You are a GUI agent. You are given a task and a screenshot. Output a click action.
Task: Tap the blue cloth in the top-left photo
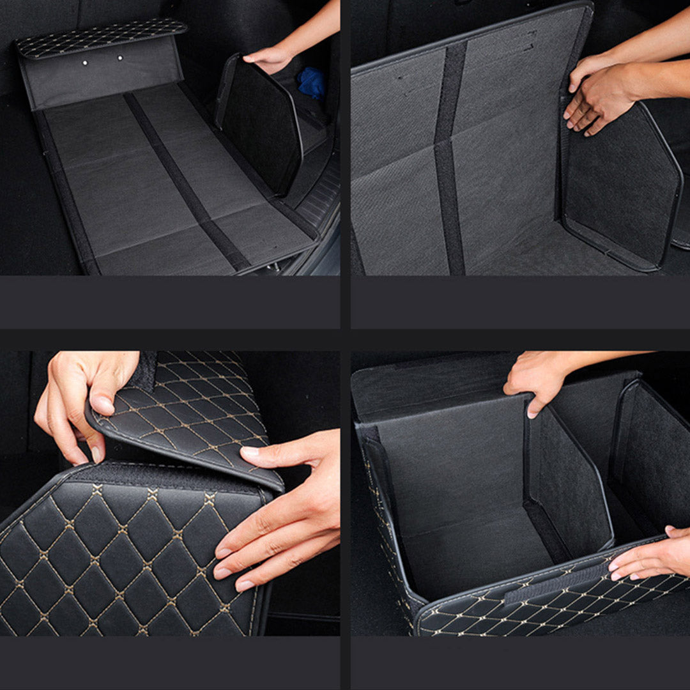(312, 83)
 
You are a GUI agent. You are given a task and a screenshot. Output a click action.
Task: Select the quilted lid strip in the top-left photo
(101, 37)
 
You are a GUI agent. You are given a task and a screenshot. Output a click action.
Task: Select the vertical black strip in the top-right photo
(448, 160)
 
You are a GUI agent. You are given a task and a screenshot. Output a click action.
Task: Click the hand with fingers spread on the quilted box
(281, 511)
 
